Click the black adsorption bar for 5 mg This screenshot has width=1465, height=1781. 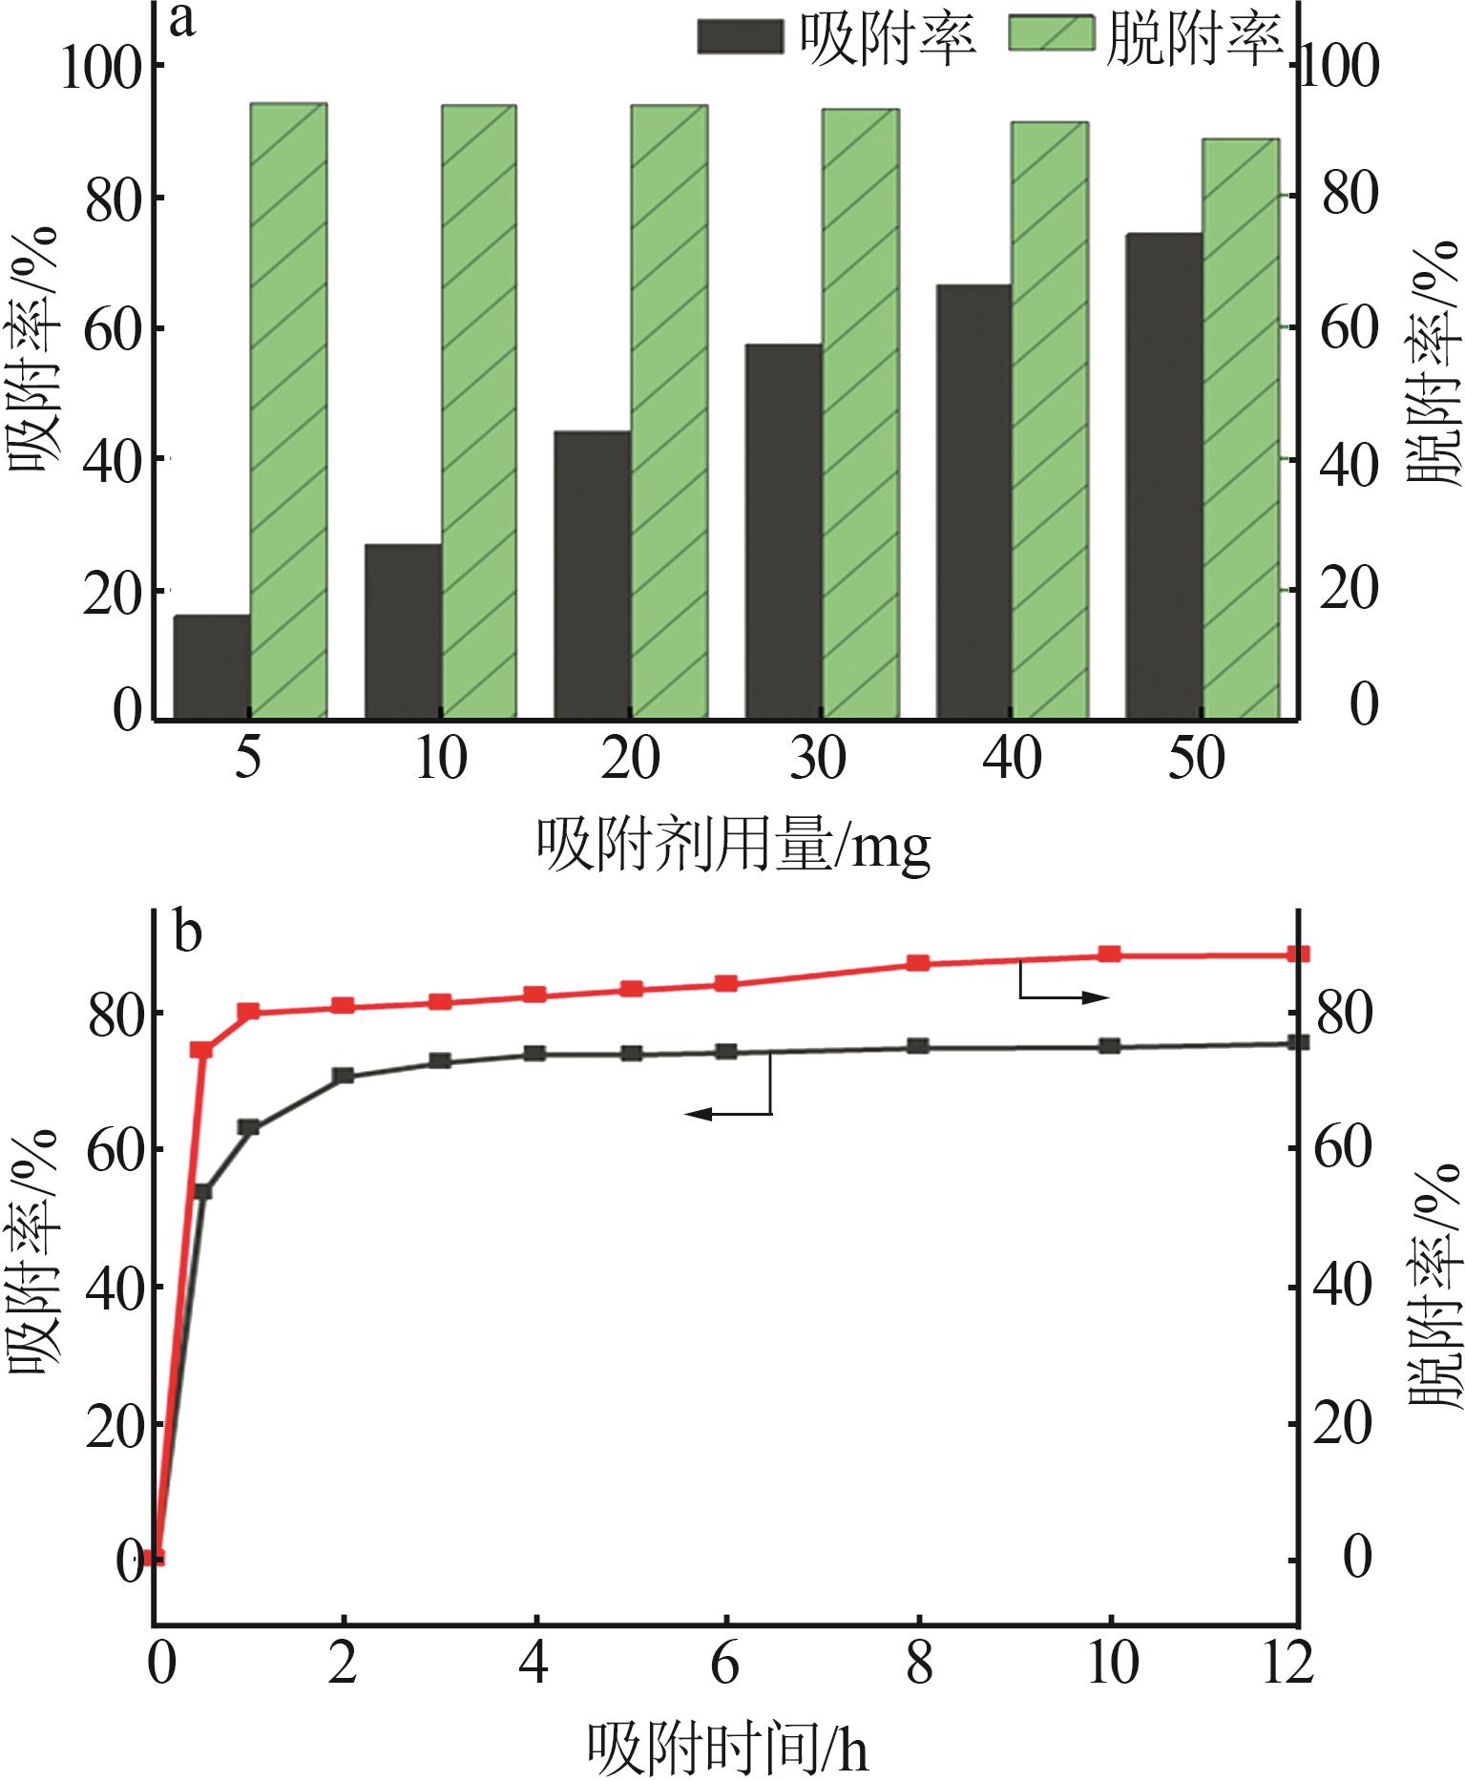point(211,665)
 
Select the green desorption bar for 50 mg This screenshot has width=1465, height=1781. point(1241,428)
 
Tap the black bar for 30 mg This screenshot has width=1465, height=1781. point(783,530)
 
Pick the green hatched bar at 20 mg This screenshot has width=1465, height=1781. point(669,410)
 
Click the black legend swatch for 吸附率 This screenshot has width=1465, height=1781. point(741,37)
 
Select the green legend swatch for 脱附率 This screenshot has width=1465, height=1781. point(1051,37)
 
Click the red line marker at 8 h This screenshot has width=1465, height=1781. point(918,963)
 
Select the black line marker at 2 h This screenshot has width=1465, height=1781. point(344,1076)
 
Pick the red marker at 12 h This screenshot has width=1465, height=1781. point(1299,954)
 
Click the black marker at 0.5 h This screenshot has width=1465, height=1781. point(202,1191)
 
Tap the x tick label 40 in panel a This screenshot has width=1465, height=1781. point(1012,761)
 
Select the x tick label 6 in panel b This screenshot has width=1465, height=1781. point(725,1664)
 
